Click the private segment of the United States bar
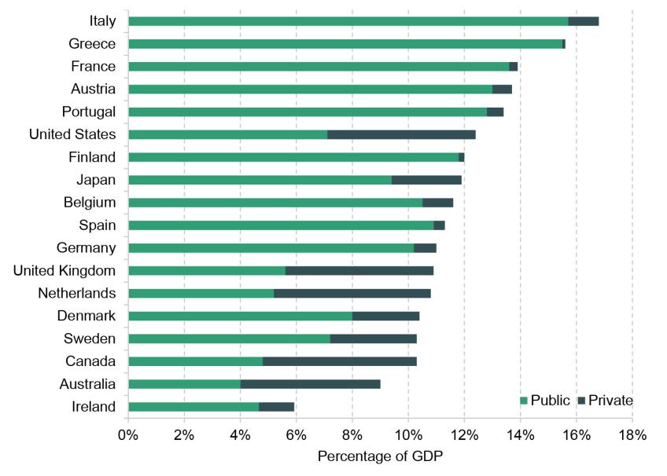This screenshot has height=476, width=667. pos(401,134)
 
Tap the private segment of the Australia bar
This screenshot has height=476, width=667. pos(310,384)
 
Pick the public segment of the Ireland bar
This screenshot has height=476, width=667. pos(193,407)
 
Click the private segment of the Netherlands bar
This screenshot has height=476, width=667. pos(352,294)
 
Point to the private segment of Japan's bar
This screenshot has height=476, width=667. pos(426,180)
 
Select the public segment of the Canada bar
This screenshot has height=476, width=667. pos(195,361)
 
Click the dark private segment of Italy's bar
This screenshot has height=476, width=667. pos(583,21)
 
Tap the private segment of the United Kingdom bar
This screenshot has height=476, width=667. pos(359,271)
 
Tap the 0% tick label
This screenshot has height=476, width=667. pos(128,435)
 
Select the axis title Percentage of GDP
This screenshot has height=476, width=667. pos(380,456)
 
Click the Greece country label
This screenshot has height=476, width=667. pos(92,44)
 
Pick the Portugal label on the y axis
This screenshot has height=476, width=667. pos(89,112)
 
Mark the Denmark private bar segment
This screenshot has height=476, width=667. pos(385,317)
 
